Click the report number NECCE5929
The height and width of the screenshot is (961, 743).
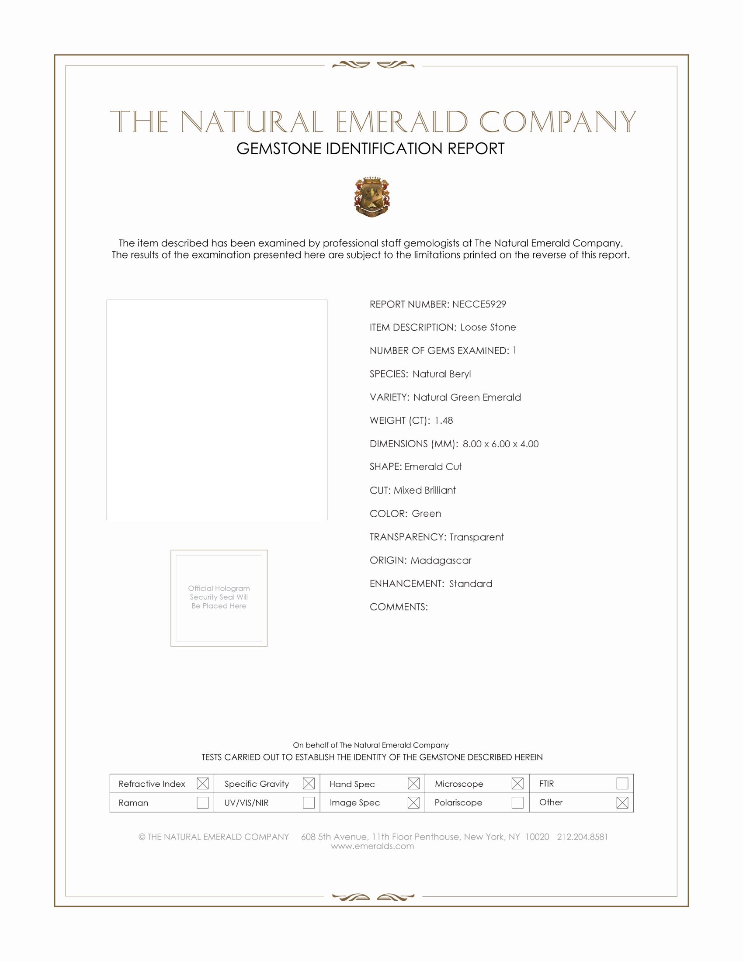[479, 304]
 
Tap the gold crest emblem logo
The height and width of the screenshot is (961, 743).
[372, 197]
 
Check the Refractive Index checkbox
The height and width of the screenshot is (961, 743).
[202, 783]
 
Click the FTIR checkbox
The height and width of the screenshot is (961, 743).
[622, 783]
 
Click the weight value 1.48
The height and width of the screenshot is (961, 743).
[444, 420]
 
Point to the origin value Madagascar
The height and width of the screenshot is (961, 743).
[441, 560]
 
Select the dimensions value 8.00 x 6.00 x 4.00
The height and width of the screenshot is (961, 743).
[500, 443]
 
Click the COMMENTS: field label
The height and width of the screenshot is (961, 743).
[398, 607]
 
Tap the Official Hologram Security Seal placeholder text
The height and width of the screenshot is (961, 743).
[219, 597]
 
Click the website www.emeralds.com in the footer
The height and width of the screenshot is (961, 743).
[372, 846]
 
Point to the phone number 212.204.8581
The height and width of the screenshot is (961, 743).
[582, 837]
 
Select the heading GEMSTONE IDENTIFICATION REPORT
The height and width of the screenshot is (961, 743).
[370, 149]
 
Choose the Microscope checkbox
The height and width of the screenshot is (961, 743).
[517, 783]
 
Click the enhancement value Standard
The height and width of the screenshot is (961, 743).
[471, 584]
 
